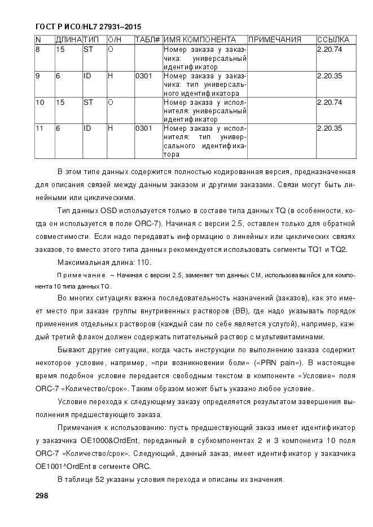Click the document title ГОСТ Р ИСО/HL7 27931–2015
coord(88,26)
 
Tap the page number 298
coord(42,495)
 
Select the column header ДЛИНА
coord(68,40)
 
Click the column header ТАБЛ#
coord(148,40)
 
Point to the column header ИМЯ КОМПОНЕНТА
coord(200,40)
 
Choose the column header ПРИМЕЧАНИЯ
coord(275,40)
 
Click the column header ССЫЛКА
coord(333,40)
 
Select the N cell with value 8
coord(38,50)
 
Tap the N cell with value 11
coord(40,129)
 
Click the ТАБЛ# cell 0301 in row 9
coord(143,76)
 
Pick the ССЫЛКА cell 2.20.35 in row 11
coord(330,129)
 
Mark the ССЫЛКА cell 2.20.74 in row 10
coord(330,102)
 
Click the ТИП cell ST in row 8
coord(88,50)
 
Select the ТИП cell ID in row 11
coord(87,129)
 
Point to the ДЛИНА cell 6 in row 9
coord(58,76)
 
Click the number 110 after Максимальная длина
coord(144,263)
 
